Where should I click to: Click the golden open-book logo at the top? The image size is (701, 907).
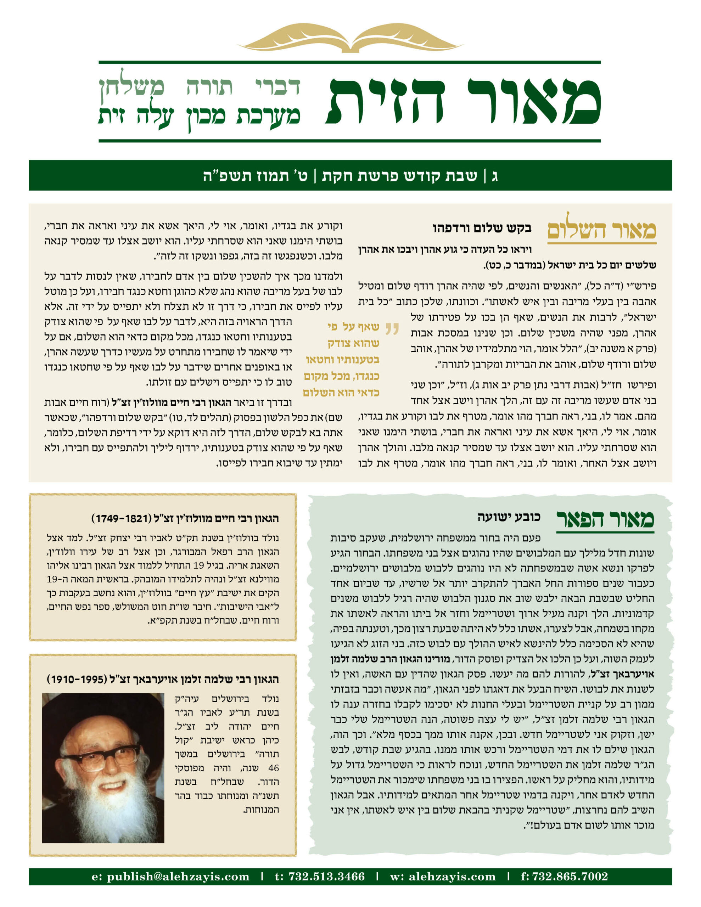350,39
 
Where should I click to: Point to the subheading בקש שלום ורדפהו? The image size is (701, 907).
482,228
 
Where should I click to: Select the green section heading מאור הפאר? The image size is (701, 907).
605,519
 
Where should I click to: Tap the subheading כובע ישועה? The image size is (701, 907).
509,517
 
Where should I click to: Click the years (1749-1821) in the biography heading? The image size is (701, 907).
121,519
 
